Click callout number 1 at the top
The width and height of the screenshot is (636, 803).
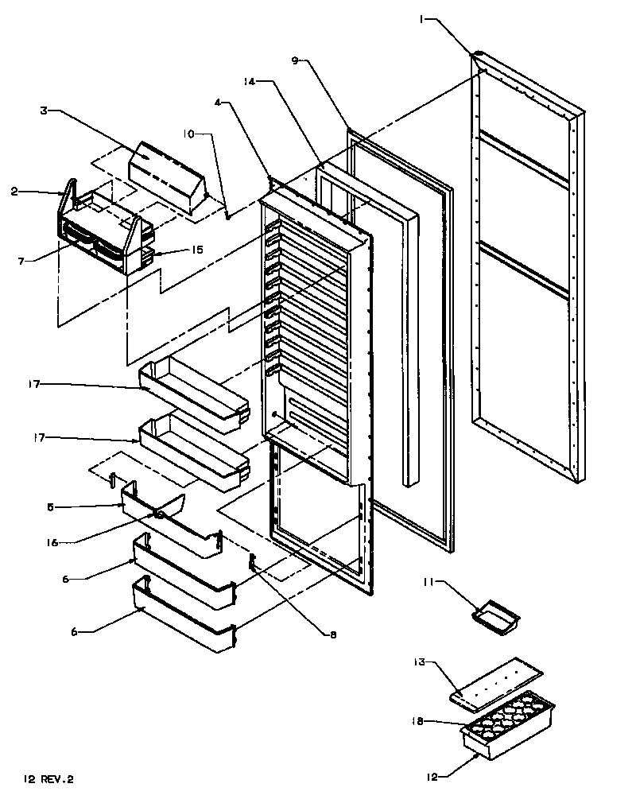(x=422, y=20)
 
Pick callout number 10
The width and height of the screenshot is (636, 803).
(x=188, y=134)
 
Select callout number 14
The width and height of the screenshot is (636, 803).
(x=249, y=82)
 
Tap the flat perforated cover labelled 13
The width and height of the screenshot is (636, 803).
(x=496, y=682)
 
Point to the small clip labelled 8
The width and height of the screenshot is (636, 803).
(x=253, y=562)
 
